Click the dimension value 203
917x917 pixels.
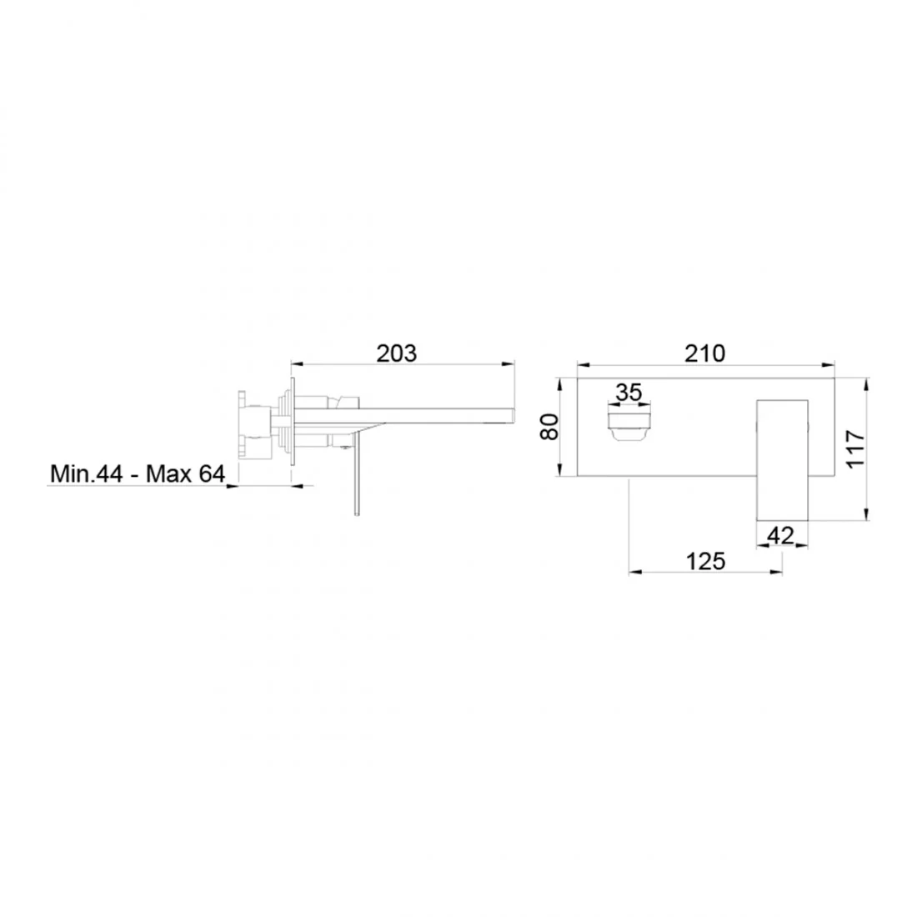[396, 353]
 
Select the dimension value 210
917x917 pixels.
[704, 353]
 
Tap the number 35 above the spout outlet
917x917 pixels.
[629, 392]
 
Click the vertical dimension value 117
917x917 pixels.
[855, 448]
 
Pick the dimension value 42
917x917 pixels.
[780, 535]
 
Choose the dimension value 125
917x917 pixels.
[705, 561]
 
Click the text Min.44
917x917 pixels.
[87, 474]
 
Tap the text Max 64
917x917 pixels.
[185, 474]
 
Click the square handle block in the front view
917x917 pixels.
[783, 459]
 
